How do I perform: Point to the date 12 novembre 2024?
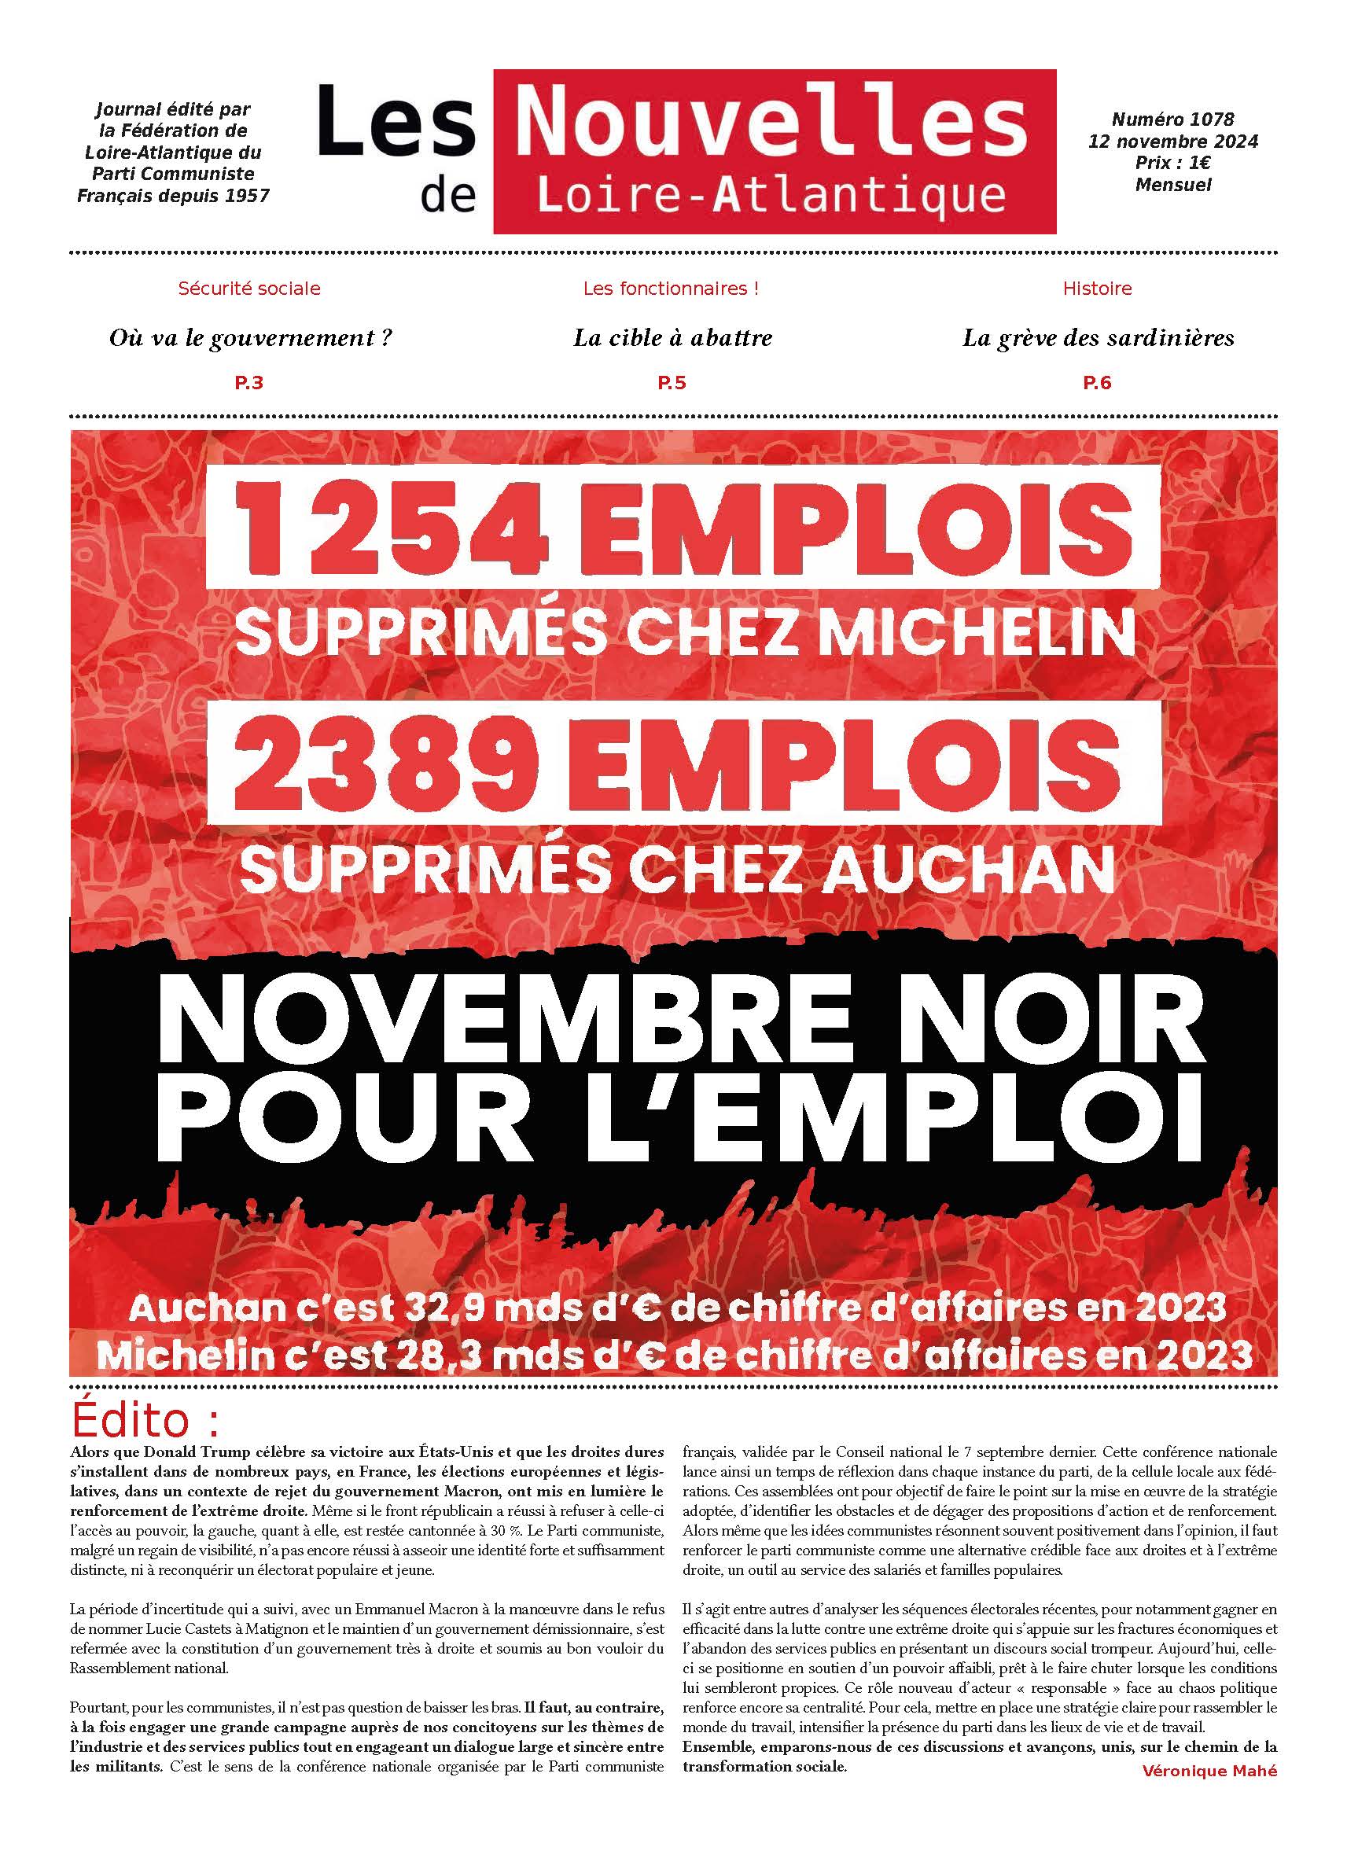click(1172, 142)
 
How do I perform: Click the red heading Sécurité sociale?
click(249, 289)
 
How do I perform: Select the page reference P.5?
click(671, 383)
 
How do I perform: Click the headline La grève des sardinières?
click(1097, 337)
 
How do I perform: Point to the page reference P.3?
click(248, 383)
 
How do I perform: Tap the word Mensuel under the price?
click(1172, 185)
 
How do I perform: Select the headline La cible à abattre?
click(672, 337)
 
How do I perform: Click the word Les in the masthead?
click(396, 123)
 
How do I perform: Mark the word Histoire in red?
click(1097, 289)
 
